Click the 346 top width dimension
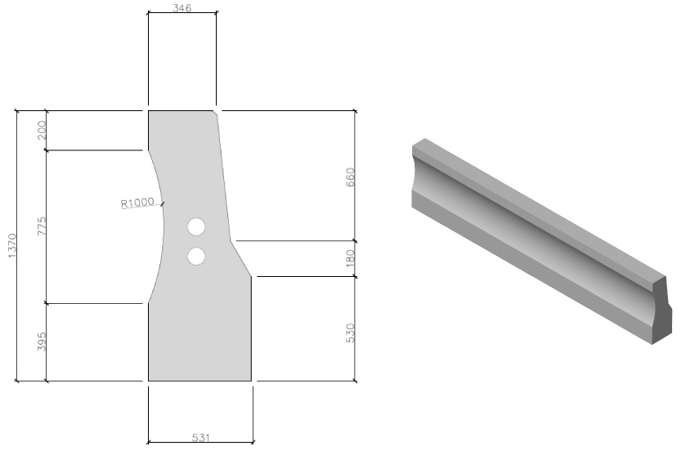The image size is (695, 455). coord(182,7)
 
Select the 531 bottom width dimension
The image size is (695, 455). coord(201,437)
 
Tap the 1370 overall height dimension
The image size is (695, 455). coord(12,246)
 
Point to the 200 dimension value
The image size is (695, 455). coord(42,130)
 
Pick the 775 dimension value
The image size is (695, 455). coord(42,225)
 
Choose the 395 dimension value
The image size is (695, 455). coord(42,341)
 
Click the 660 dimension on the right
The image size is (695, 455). coord(350,177)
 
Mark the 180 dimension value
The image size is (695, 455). coord(350,258)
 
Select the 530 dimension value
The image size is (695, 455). coord(350,332)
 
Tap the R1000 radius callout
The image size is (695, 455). coord(138,203)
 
